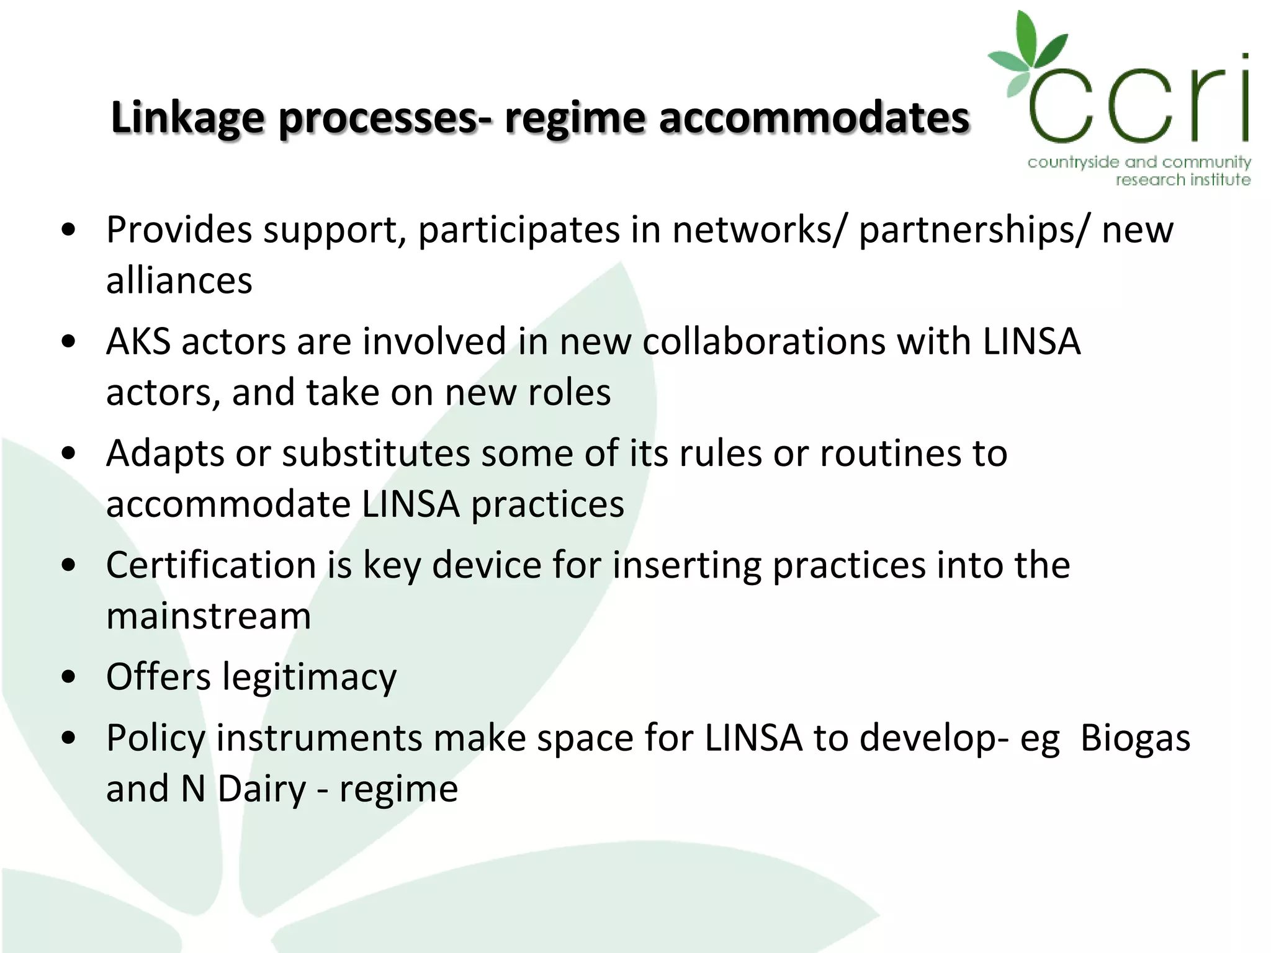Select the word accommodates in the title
814,118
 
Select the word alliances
179,280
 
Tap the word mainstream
209,616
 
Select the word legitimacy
308,677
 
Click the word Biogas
1135,738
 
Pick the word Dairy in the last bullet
261,789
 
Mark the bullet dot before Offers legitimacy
69,676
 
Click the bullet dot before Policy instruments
69,738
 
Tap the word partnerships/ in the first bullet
974,230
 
